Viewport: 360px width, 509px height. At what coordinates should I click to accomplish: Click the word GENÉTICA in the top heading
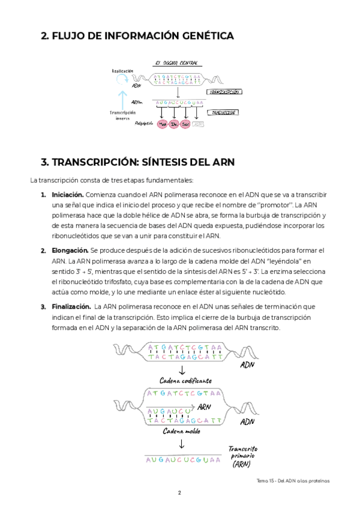203,36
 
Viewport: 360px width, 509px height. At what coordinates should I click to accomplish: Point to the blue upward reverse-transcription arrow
122,99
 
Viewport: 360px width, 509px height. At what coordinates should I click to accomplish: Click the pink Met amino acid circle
163,124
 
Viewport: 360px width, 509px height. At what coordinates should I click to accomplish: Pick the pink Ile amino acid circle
174,124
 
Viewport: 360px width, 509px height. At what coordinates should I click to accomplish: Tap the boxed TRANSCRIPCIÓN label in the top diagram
225,92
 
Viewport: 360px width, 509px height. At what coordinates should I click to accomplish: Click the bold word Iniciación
68,194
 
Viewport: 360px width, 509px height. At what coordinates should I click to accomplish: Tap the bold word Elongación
70,250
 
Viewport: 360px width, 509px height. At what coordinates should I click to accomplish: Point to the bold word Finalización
71,307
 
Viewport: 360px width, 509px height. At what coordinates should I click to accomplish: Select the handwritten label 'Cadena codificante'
185,381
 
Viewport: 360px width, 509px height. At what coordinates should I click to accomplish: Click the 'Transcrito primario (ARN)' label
242,456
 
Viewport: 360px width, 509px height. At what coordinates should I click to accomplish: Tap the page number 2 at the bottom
179,493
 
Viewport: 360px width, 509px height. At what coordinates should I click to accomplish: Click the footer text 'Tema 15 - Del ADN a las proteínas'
293,480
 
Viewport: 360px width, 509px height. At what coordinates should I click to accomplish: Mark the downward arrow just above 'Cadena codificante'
182,370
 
